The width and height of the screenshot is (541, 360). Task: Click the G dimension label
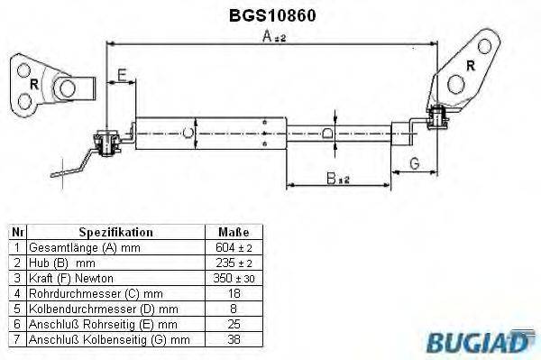(x=414, y=162)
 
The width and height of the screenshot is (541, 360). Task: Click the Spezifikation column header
(x=115, y=232)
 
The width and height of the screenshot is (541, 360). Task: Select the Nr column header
(x=16, y=232)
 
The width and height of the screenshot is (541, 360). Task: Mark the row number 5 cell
(x=16, y=308)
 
